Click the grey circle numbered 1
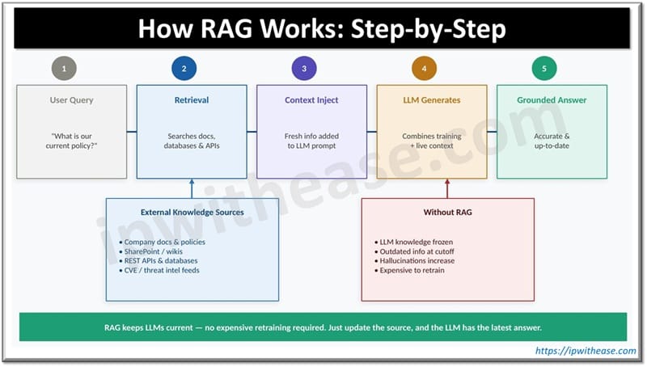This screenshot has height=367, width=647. click(x=64, y=69)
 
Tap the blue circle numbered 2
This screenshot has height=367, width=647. click(x=184, y=69)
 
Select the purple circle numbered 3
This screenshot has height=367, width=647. click(x=304, y=69)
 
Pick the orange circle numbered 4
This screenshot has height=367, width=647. click(x=424, y=69)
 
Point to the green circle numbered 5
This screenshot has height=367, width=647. click(x=544, y=69)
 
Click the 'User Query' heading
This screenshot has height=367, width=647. click(x=71, y=100)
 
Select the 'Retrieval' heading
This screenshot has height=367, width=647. click(x=192, y=100)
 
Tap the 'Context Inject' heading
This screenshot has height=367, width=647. click(x=311, y=100)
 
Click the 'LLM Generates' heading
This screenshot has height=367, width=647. click(x=431, y=100)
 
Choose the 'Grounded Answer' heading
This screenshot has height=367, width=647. click(x=552, y=100)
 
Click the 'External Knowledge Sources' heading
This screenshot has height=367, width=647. click(x=192, y=213)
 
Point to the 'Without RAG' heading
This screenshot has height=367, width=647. click(x=447, y=213)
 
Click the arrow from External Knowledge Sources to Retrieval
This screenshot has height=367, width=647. click(x=192, y=188)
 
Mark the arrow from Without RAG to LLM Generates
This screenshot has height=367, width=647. click(x=447, y=188)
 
